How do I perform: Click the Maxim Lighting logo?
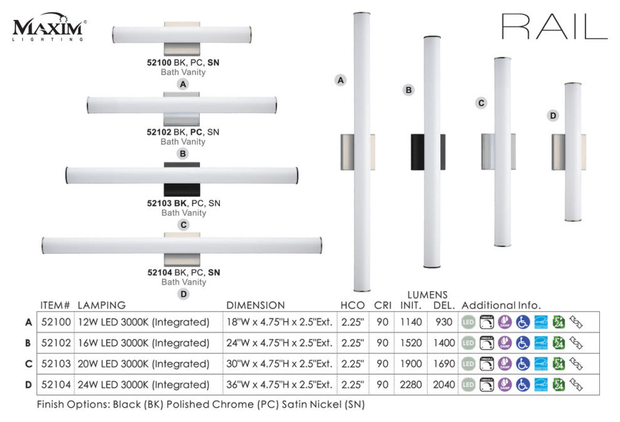(49, 29)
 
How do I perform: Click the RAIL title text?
(554, 27)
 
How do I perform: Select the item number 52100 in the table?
(54, 322)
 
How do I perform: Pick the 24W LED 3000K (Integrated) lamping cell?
(143, 384)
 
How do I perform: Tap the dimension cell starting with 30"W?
(279, 364)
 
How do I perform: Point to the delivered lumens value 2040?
(444, 384)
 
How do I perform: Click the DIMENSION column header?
(256, 306)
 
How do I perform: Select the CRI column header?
(383, 306)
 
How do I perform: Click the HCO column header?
(353, 306)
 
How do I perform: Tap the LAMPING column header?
(101, 306)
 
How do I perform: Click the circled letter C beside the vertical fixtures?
(481, 103)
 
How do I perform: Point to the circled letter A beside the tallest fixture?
(340, 80)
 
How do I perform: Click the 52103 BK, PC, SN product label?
(183, 203)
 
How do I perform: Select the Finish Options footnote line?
(200, 404)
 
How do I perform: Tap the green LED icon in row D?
(468, 384)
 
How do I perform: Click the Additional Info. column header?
(501, 306)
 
